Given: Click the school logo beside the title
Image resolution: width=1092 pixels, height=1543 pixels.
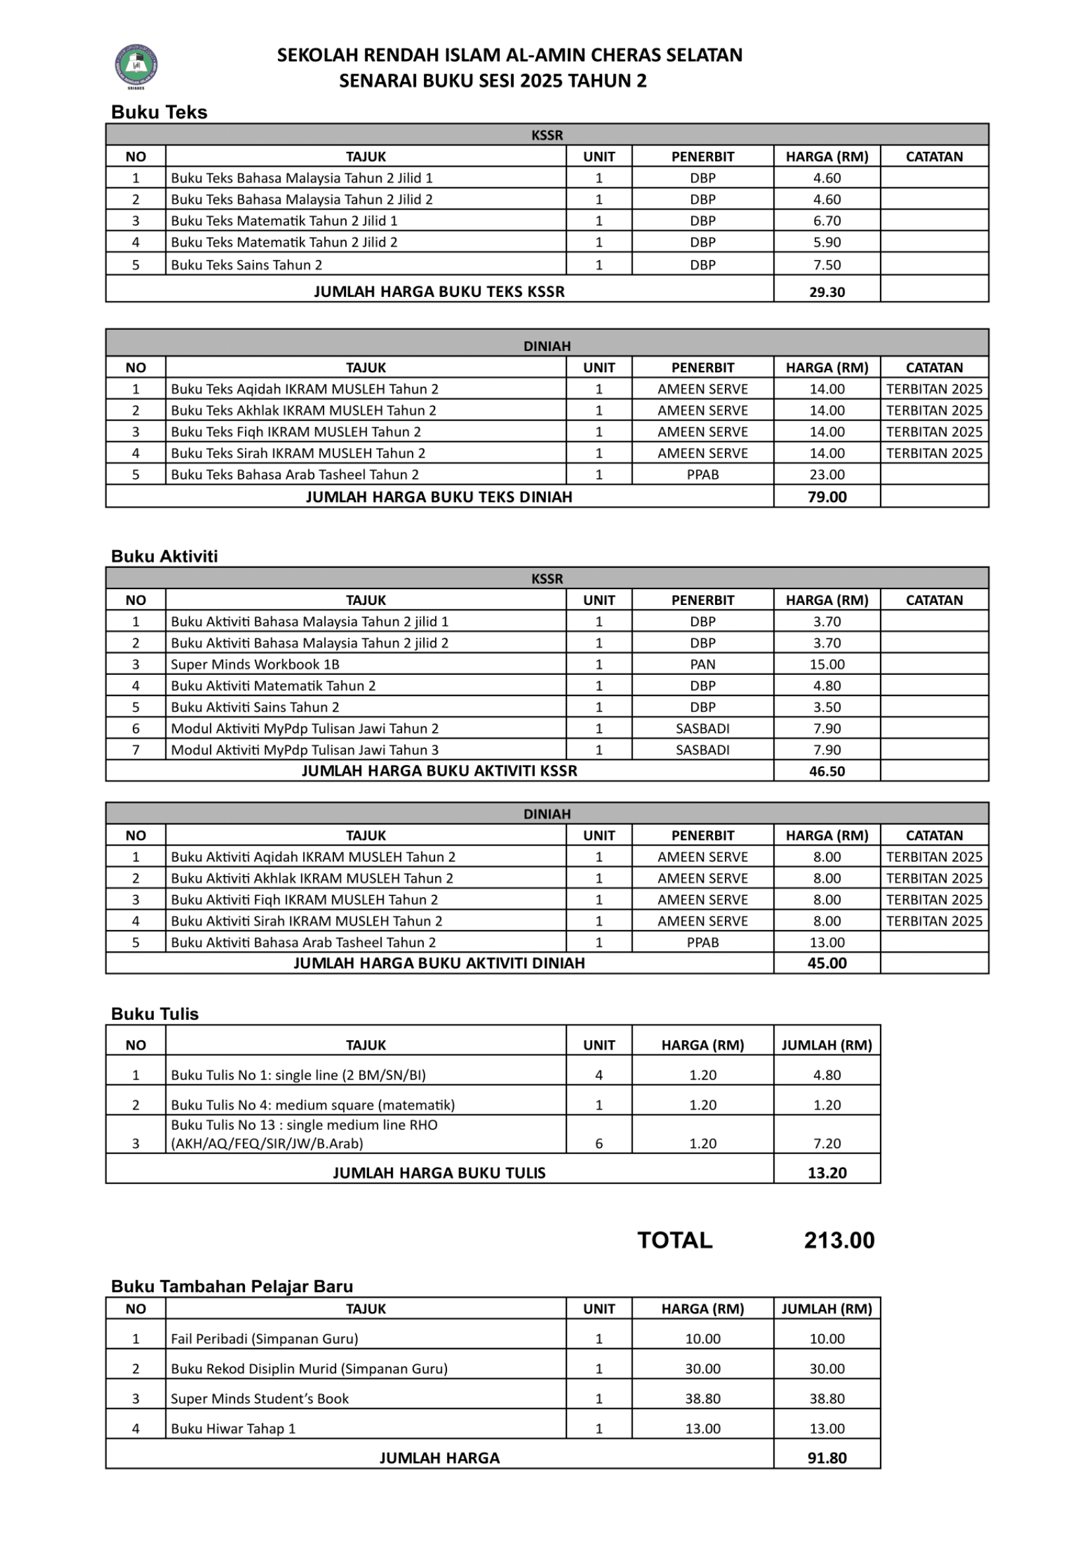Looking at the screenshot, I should tap(137, 66).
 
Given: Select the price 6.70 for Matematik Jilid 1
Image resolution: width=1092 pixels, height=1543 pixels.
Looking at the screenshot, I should tap(827, 220).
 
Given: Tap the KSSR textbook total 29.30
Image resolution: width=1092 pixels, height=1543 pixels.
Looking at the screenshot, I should tap(827, 292).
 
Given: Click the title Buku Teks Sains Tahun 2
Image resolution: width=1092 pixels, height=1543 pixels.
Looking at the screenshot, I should tap(246, 265).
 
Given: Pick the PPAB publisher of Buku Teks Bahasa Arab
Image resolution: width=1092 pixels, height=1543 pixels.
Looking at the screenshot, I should tap(702, 474).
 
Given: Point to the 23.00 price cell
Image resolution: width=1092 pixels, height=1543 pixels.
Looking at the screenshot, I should tap(827, 474).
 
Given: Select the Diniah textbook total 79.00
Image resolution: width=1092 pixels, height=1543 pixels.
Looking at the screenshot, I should tap(827, 497).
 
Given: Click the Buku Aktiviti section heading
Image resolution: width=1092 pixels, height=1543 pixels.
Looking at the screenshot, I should tap(164, 557).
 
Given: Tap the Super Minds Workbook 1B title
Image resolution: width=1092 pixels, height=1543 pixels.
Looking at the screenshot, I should tap(255, 665).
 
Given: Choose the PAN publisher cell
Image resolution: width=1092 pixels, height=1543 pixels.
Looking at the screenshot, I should tap(702, 665).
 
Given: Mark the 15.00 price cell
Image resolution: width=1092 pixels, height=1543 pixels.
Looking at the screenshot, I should tap(827, 665).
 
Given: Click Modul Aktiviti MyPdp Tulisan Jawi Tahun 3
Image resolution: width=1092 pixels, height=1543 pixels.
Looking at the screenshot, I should tap(304, 750).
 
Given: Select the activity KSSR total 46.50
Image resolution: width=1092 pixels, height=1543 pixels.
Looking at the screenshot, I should tap(827, 772).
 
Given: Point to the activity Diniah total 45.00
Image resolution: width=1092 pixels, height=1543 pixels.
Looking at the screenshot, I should tap(827, 963).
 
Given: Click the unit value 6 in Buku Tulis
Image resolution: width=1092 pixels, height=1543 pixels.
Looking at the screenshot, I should tap(598, 1143).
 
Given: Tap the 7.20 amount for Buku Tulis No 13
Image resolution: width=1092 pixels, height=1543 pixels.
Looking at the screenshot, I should tap(827, 1143).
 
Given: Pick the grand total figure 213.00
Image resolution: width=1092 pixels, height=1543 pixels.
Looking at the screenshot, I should tap(838, 1240).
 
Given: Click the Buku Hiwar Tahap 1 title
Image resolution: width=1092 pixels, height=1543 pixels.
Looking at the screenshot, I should tap(232, 1428).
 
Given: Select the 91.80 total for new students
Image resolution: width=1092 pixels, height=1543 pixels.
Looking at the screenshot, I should tap(827, 1458).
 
